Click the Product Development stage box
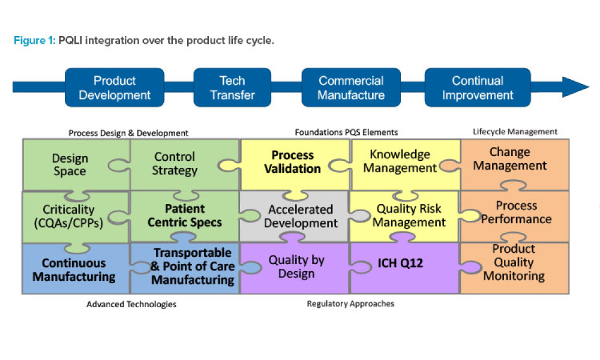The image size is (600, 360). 115,88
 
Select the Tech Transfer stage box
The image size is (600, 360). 232,88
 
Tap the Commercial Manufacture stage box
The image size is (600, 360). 351,88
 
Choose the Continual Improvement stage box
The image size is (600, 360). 478,88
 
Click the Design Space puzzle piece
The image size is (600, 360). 70,164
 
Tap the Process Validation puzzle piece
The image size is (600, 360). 292,163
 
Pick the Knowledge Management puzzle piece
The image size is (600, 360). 400,161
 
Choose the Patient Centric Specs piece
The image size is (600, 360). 185,216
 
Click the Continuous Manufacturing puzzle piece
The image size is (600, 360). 74,270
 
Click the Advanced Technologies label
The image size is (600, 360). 131,305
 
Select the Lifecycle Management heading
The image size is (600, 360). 515,131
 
